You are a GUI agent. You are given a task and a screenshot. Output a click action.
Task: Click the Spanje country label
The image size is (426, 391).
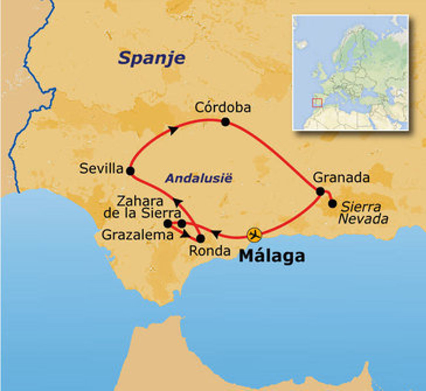coord(151,58)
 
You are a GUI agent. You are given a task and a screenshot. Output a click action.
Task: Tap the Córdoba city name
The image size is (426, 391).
coord(223,107)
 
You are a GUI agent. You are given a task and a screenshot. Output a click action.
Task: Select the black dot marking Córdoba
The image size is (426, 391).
coord(225,122)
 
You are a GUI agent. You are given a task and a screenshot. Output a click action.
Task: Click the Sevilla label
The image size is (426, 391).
coord(102,168)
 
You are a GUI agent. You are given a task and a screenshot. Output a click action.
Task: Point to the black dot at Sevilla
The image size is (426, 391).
coord(130,171)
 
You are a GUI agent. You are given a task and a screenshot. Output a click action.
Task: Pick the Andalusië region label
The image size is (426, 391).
coord(199,178)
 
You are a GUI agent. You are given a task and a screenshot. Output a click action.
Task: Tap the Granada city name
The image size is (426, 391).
coord(341,178)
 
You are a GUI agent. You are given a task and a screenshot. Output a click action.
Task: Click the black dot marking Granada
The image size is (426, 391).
coord(320,191)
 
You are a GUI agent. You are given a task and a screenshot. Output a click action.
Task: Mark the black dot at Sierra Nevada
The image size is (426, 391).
coord(332,203)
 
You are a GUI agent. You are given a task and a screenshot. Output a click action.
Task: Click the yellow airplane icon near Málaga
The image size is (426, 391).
coord(254,235)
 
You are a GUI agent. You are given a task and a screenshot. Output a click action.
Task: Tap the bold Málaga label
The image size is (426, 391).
coord(272,256)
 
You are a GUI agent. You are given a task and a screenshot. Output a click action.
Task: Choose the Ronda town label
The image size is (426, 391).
coord(209,251)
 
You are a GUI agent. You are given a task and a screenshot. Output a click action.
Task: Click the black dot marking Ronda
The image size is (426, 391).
coord(201,239)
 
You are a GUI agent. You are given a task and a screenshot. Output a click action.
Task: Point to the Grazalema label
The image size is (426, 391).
coord(137,235)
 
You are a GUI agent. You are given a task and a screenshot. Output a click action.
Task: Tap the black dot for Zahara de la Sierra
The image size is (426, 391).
coord(182,224)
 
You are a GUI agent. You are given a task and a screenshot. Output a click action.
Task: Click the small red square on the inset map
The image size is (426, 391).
coord(317,102)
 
